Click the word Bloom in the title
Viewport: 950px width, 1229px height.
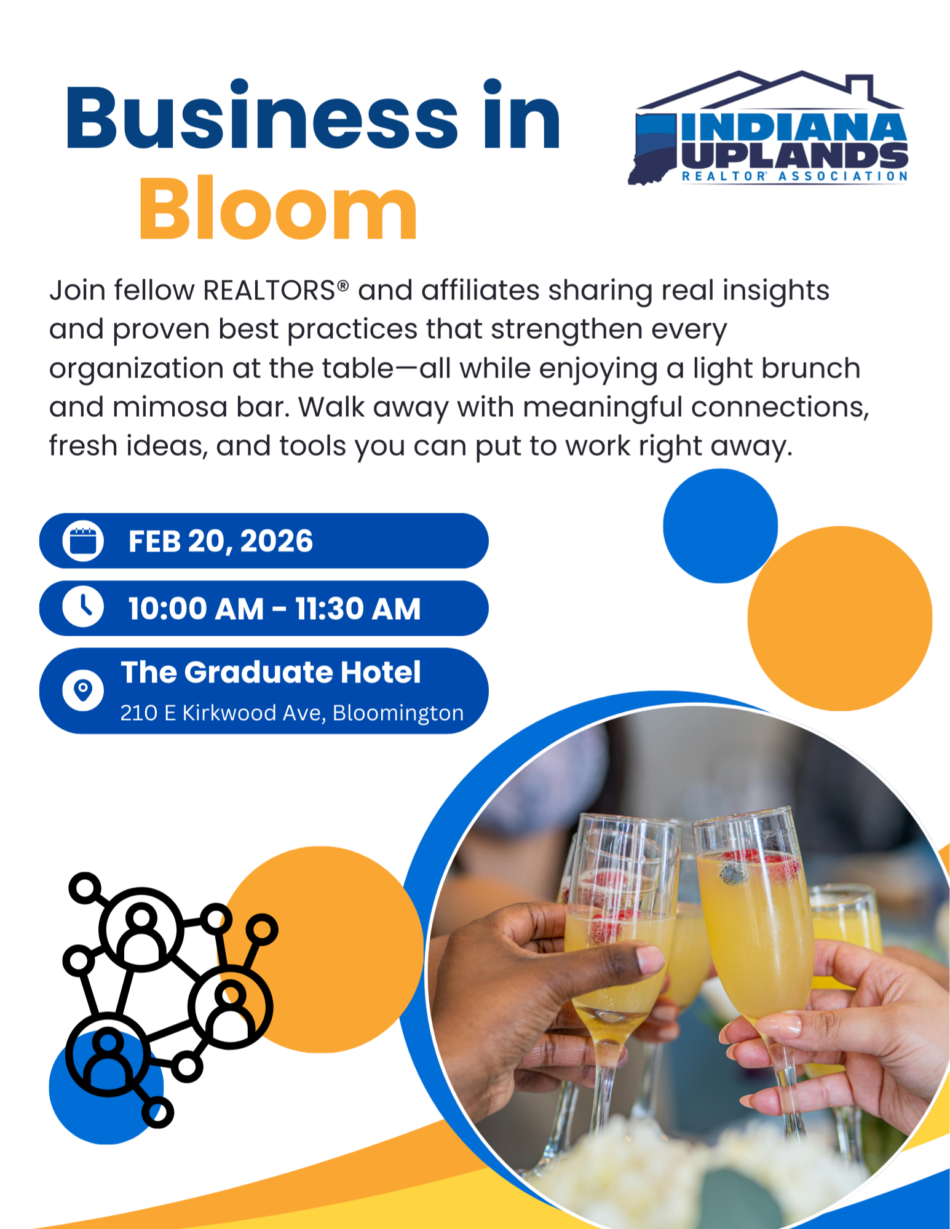click(x=278, y=209)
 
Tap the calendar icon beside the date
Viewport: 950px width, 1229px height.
click(x=83, y=541)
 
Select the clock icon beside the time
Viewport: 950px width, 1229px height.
click(x=83, y=607)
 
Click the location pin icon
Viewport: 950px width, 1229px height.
click(x=83, y=690)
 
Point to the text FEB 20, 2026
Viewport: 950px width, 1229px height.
click(x=221, y=541)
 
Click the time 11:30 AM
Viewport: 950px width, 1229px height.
click(x=358, y=609)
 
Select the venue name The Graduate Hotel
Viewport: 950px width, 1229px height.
click(x=271, y=672)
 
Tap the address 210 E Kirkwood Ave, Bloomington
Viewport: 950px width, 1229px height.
click(x=292, y=713)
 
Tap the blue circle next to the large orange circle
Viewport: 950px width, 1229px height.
click(x=720, y=526)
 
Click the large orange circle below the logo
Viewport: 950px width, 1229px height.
click(x=840, y=618)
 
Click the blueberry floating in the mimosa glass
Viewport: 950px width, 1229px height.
click(x=732, y=874)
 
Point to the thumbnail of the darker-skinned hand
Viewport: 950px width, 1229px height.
click(x=651, y=958)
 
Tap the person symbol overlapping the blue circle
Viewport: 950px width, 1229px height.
click(x=108, y=1054)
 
